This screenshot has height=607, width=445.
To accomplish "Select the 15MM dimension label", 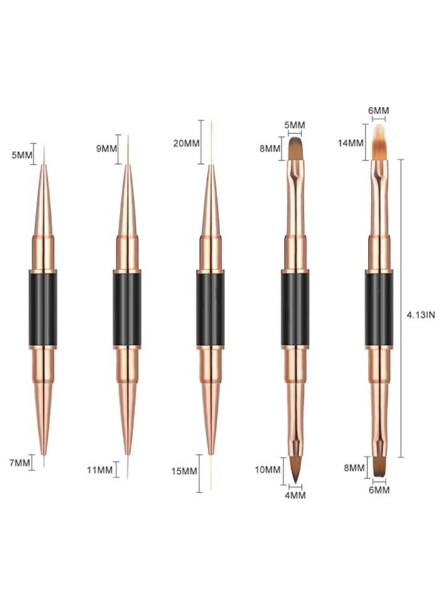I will pos(185,472).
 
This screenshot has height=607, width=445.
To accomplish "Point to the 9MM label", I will pos(106,149).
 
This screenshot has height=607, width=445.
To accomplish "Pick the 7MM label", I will pos(19,463).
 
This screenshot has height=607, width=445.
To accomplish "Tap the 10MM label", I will pos(268,469).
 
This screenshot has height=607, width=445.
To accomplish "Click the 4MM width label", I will pos(295,495).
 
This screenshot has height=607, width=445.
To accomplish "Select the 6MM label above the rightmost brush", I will pos(378,111).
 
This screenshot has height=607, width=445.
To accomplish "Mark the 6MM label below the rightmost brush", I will pos(378,489).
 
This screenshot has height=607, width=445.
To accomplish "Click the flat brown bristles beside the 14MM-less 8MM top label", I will pos(296,148).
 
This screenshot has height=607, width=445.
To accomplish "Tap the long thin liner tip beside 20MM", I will pos(211,142).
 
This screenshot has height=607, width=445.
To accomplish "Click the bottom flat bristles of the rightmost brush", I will pos(379,466).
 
